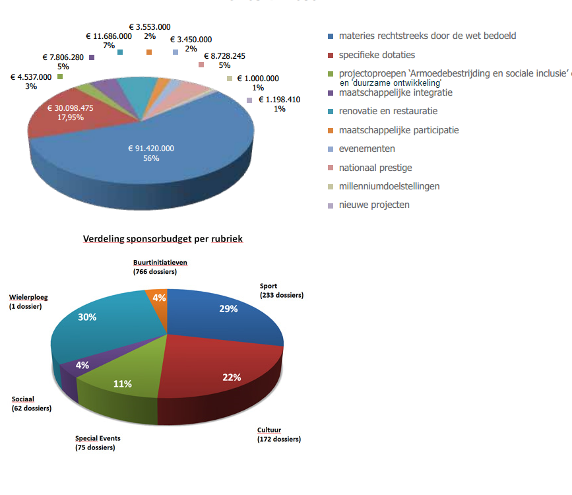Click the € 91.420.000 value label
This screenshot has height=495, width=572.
(x=151, y=148)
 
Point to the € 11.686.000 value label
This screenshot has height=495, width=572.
(x=109, y=36)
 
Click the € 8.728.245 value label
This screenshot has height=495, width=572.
(x=224, y=56)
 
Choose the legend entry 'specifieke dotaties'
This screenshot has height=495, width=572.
(x=377, y=55)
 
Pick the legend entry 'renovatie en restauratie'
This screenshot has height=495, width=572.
(x=388, y=111)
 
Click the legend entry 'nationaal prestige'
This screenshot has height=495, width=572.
(x=375, y=168)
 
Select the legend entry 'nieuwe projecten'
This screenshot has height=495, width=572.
(x=374, y=205)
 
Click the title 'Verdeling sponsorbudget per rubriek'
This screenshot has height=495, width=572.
(x=163, y=238)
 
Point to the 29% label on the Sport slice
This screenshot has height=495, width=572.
(x=228, y=309)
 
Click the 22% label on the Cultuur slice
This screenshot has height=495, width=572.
(x=231, y=378)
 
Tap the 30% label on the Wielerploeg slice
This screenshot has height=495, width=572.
(x=87, y=317)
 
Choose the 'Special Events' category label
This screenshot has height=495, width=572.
(x=98, y=438)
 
